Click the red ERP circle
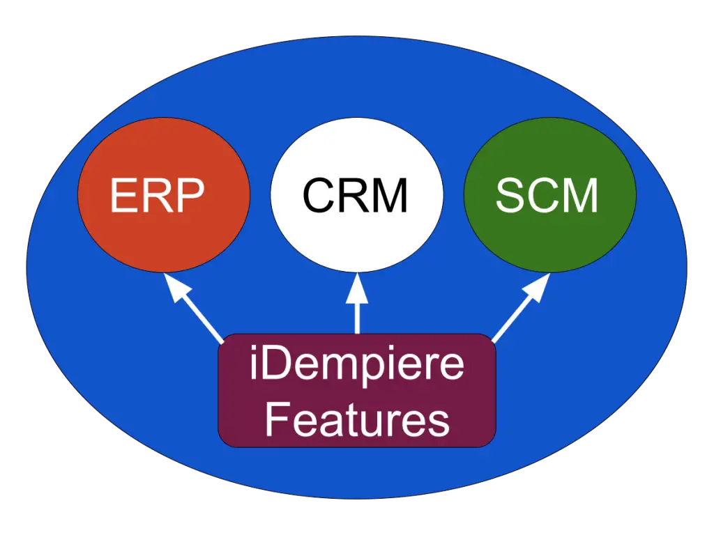(x=164, y=230)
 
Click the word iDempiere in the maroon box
(x=356, y=366)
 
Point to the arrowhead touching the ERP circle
(x=172, y=285)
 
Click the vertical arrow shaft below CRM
(x=357, y=317)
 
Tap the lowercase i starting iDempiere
(x=254, y=366)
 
